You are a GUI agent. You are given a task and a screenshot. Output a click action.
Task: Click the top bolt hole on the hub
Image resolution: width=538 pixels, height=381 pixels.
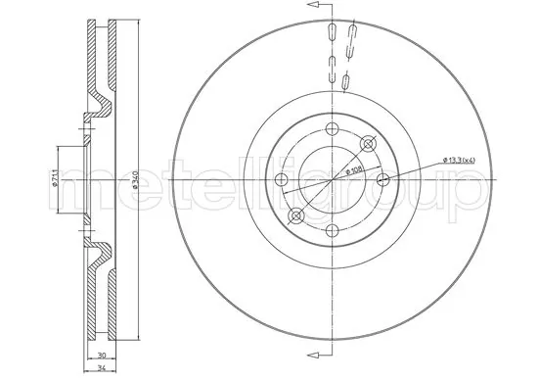pos(333,128)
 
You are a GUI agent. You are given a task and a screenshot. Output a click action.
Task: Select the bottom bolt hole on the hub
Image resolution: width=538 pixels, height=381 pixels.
pos(333,229)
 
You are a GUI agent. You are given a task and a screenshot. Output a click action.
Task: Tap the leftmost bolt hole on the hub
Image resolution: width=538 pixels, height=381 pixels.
pos(282,178)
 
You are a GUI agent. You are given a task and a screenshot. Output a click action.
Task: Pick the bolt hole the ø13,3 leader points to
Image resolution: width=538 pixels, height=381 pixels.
pos(383,178)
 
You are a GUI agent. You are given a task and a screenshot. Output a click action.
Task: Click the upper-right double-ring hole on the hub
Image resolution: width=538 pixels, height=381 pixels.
pos(368,144)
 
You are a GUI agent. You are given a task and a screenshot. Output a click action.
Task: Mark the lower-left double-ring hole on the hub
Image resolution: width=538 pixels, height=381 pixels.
pos(297,214)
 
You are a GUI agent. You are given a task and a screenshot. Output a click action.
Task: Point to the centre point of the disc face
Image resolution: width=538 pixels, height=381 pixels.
pos(333,178)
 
